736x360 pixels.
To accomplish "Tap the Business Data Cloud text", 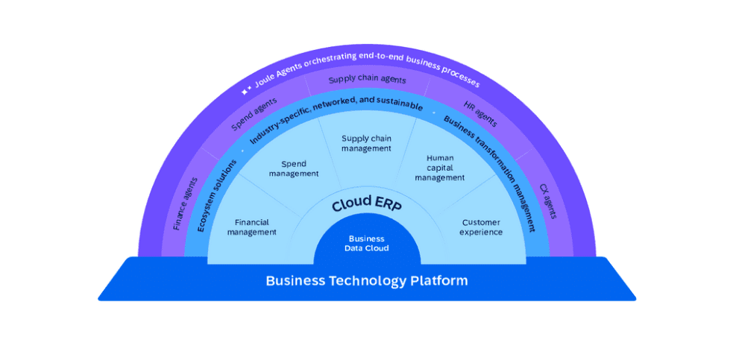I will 367,244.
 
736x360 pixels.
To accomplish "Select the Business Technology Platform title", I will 367,281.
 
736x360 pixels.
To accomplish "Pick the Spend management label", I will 299,168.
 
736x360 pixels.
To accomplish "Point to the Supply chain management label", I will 366,143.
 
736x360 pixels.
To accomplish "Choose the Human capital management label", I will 440,168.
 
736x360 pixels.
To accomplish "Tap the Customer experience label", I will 481,227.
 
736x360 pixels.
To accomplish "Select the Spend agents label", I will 254,113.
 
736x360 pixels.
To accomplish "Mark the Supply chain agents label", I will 367,80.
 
